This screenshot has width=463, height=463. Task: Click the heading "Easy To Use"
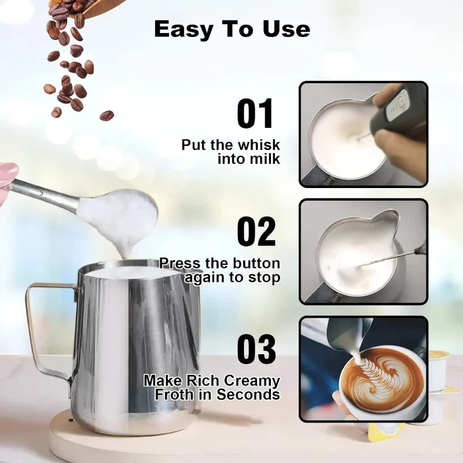(231, 29)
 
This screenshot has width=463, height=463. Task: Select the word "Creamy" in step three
(252, 381)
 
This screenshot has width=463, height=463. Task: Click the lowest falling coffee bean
(106, 116)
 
